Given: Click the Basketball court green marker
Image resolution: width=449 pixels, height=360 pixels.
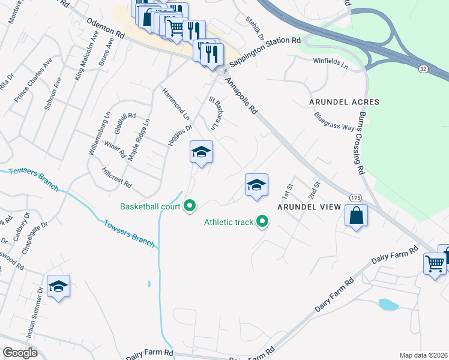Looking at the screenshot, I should [x=190, y=206].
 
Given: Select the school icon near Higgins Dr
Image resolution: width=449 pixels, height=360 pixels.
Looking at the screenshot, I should [x=202, y=152].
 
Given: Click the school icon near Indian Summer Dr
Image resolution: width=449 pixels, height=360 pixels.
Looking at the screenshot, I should [x=59, y=286].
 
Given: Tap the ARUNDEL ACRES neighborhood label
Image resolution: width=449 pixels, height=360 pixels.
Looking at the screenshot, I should [x=345, y=102].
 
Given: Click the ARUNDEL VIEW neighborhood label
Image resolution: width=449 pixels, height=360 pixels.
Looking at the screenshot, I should [x=309, y=207].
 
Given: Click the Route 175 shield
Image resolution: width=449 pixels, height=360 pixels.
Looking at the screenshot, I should [x=354, y=197].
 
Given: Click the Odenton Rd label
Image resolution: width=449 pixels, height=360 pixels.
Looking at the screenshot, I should [x=106, y=28].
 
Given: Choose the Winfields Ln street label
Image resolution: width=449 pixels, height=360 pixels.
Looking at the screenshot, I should [x=330, y=62].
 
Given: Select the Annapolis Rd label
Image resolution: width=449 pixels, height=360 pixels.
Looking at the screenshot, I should [x=241, y=94].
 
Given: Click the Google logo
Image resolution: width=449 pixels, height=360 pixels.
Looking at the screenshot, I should [x=20, y=353].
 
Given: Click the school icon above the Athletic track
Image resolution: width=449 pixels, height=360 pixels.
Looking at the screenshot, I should [x=256, y=185].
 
